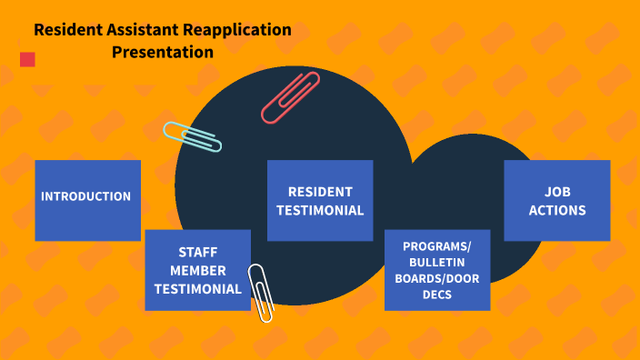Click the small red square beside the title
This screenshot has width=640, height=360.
[x=27, y=60]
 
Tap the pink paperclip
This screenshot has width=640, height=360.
[x=291, y=97]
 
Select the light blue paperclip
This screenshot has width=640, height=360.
[x=193, y=137]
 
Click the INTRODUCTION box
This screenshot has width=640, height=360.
[x=87, y=200]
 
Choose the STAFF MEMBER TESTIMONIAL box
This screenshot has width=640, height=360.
[x=197, y=270]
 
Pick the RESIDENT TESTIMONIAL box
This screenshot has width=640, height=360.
[x=320, y=201]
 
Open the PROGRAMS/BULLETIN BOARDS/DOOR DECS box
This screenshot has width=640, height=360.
[x=437, y=270]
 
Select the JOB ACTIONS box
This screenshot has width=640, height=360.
[x=556, y=201]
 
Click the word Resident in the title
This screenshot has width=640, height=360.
[x=65, y=29]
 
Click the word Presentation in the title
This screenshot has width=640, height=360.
[x=163, y=52]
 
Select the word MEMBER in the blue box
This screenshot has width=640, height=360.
[x=198, y=270]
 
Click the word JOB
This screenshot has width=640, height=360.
[x=557, y=192]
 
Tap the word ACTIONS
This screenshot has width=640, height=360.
[x=557, y=211]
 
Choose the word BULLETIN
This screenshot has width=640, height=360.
[x=437, y=263]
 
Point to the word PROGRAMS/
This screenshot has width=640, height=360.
[x=437, y=246]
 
